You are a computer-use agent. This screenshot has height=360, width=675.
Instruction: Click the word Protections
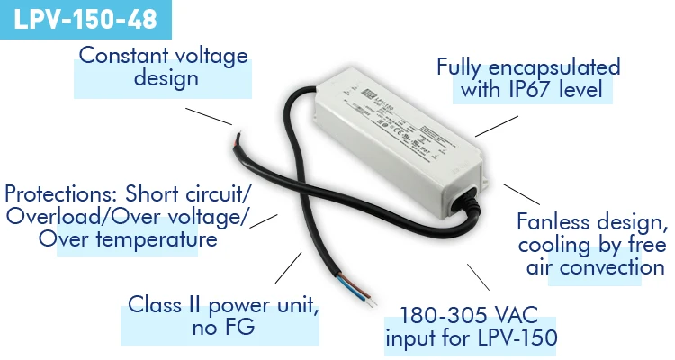[59, 194]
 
